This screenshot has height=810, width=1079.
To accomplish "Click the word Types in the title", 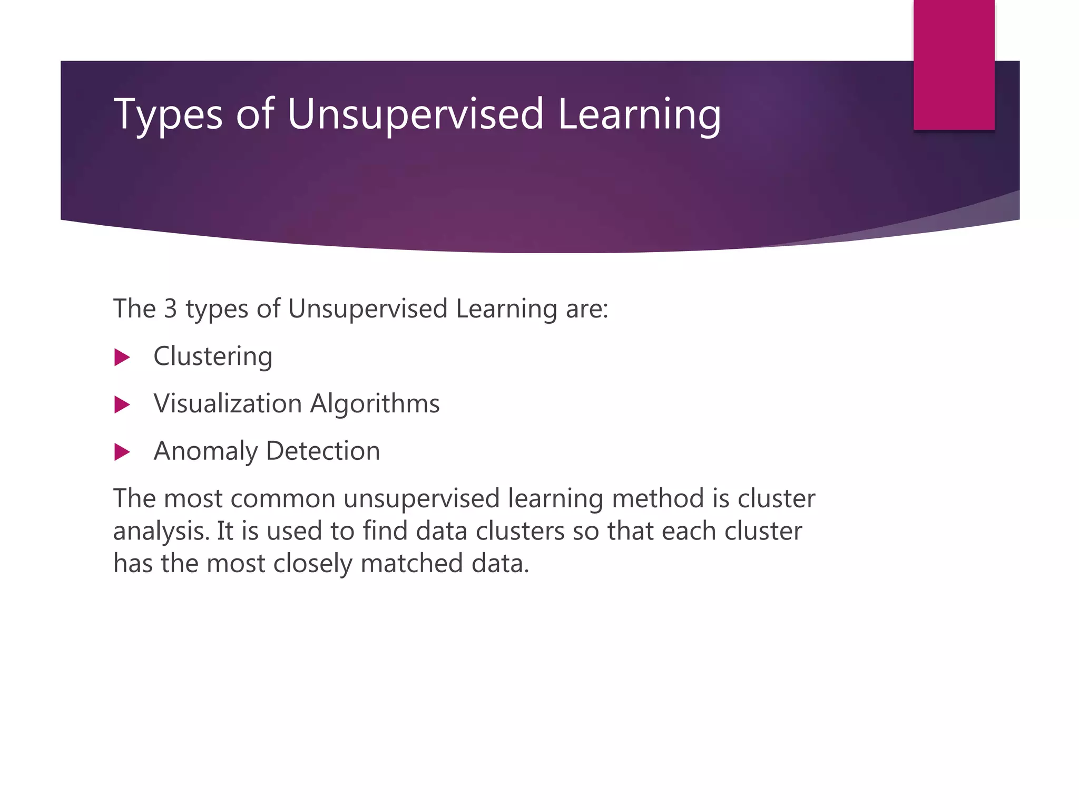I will [168, 114].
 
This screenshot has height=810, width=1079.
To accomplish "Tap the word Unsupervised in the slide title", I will [415, 114].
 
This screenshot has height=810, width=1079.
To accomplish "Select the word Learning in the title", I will [639, 114].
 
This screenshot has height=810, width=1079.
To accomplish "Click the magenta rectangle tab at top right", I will [954, 65].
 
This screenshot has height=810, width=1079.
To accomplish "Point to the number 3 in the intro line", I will [170, 308].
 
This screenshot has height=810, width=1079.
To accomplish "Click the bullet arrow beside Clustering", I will [122, 358].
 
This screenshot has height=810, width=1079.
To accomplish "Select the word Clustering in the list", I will [213, 356].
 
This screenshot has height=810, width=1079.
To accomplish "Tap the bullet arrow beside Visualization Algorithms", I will [122, 405].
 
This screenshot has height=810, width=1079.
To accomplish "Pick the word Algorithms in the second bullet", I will [375, 404].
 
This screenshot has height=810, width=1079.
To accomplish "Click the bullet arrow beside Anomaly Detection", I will [122, 452].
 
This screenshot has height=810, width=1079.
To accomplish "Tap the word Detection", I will [323, 451].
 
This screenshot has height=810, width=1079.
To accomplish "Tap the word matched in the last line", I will [411, 564].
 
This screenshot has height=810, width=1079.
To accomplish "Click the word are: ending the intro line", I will [587, 308].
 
